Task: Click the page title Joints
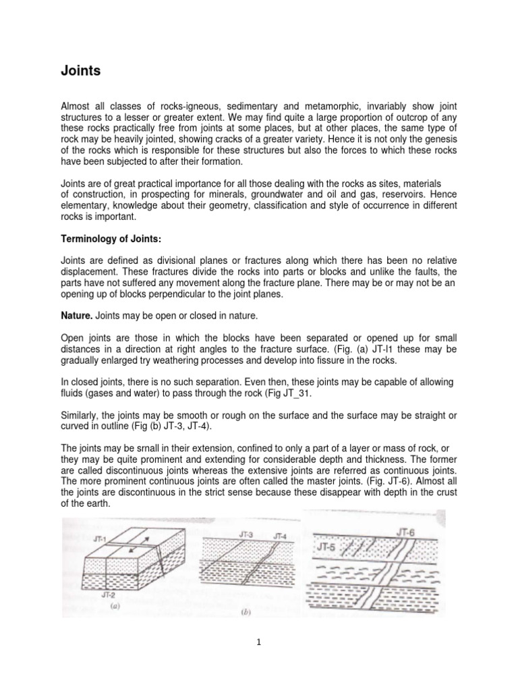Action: click(x=81, y=71)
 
